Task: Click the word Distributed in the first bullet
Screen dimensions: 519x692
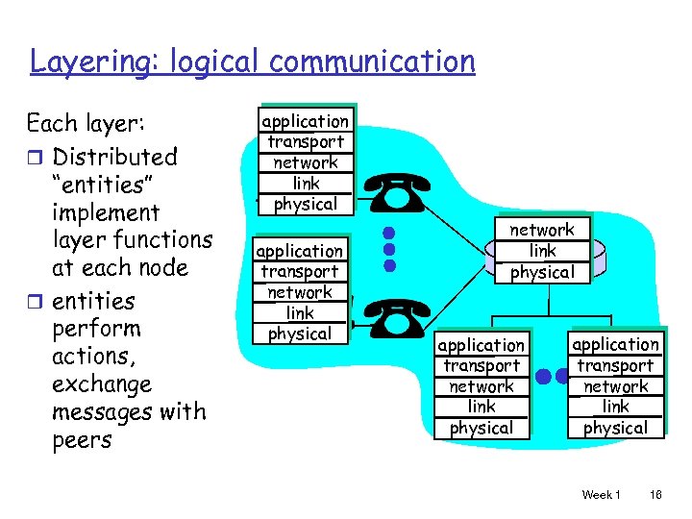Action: tap(115, 157)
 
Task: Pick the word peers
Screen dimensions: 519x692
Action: tap(83, 440)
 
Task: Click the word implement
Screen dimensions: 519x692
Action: tap(106, 211)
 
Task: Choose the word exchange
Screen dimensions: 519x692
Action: tap(102, 384)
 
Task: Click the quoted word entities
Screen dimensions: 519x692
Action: tap(100, 184)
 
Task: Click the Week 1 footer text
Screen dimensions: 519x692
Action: tap(601, 494)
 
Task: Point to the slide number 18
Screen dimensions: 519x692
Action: tap(655, 494)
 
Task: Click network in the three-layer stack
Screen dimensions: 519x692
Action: tap(542, 230)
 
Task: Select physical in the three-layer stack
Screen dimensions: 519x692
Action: tap(542, 272)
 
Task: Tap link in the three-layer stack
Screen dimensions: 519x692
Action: tap(542, 251)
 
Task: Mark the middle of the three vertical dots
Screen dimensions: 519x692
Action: tap(388, 249)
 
